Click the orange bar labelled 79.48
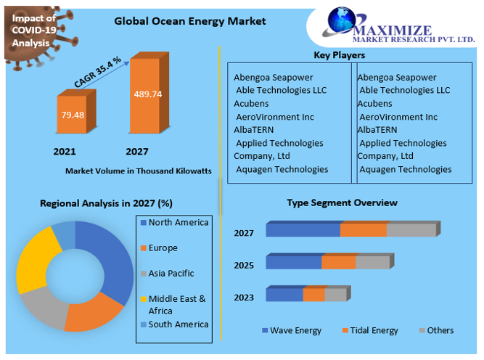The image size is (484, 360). (72, 115)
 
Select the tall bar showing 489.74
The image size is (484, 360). (147, 95)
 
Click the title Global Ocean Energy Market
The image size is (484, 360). (190, 21)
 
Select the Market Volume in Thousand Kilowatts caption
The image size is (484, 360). (138, 171)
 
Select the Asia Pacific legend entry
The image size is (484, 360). (173, 274)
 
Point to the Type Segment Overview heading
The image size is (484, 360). (342, 202)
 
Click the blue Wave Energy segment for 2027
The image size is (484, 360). (303, 230)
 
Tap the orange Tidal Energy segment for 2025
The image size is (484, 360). (338, 262)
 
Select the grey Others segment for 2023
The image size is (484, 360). (335, 294)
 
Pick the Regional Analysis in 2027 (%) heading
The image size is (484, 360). (106, 203)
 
